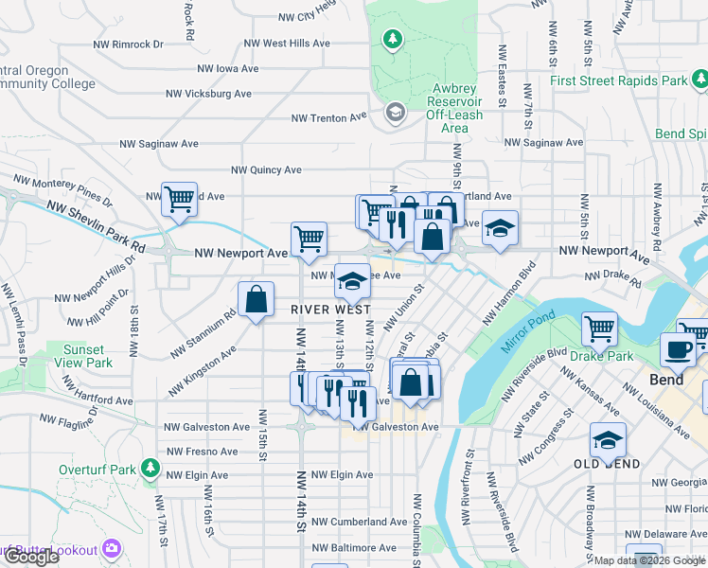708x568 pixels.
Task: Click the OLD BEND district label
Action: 607,464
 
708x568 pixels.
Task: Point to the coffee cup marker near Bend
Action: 678,349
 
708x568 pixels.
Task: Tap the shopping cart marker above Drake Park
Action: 600,328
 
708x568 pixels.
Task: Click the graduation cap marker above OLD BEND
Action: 608,439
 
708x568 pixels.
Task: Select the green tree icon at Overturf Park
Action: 150,468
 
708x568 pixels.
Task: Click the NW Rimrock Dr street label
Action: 129,44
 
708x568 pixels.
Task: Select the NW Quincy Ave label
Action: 262,170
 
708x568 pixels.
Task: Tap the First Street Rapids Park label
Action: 619,81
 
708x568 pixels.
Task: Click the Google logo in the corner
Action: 32,557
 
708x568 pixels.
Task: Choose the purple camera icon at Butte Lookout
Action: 113,549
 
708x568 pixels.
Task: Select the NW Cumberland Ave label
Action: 360,522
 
